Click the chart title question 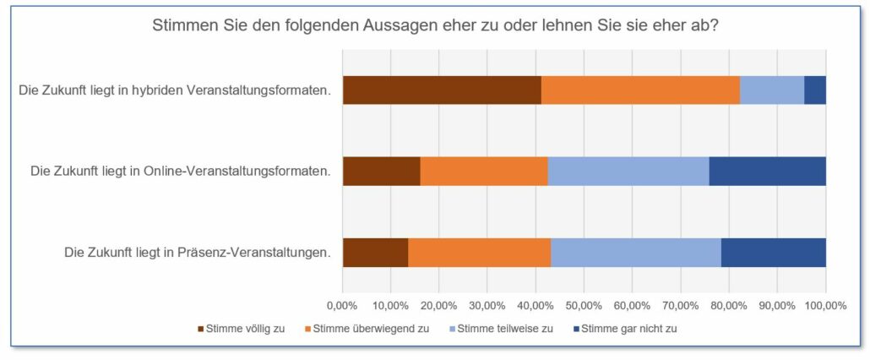(435, 25)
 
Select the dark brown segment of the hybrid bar (442, 90)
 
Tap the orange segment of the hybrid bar (640, 90)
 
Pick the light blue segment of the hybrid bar (772, 90)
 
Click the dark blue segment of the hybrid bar (815, 90)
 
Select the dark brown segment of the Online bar (381, 172)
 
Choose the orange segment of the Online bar (484, 172)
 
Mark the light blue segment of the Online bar (628, 172)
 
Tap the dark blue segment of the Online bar (767, 172)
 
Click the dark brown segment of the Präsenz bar (375, 253)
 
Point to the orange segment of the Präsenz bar (480, 253)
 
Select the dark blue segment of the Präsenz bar (774, 253)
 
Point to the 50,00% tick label (584, 305)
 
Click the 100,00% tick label (824, 305)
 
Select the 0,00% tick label (342, 305)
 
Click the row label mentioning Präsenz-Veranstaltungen (197, 253)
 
